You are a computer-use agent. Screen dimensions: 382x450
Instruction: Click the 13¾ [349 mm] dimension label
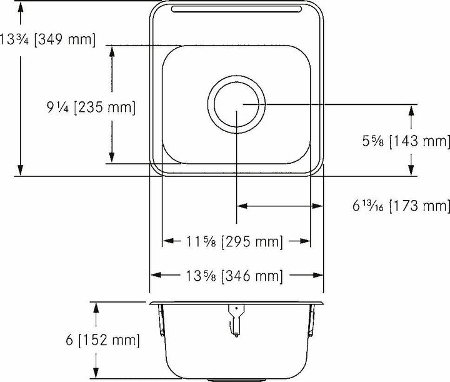click(47, 40)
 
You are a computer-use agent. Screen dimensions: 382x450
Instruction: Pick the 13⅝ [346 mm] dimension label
click(236, 275)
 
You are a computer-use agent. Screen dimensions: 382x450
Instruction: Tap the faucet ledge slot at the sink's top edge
click(236, 9)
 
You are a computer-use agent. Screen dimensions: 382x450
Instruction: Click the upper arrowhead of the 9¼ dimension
click(112, 51)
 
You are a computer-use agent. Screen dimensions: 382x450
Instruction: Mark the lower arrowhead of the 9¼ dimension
click(112, 159)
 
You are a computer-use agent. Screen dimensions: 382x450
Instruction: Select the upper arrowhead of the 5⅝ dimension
click(411, 110)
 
